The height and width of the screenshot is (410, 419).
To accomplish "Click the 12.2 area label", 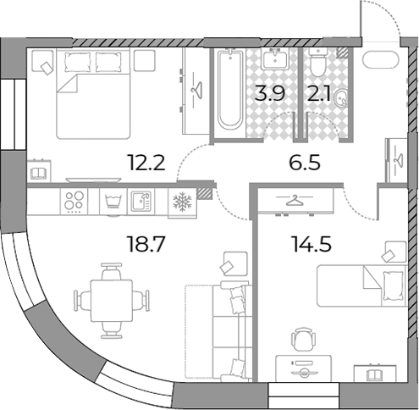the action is [x=146, y=163].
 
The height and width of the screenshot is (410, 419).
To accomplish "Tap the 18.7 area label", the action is [x=146, y=244].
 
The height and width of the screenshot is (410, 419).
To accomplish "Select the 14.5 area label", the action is [x=312, y=244].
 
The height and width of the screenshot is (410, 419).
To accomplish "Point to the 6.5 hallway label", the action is [x=305, y=163].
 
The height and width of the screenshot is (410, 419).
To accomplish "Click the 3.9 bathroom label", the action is [x=270, y=93].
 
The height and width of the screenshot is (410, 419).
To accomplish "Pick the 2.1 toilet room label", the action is [x=319, y=93].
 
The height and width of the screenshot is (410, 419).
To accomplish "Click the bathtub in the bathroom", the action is [x=230, y=90].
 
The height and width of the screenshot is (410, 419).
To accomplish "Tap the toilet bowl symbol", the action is [x=317, y=63].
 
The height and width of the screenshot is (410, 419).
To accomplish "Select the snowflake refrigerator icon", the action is [x=182, y=202].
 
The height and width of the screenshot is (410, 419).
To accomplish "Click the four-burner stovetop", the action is [x=74, y=201].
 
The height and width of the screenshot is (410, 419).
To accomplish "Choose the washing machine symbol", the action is [x=113, y=202].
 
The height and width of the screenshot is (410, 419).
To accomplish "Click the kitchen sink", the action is [x=141, y=202].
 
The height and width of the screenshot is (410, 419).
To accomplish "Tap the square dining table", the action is [x=112, y=301].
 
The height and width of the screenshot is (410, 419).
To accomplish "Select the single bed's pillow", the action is [x=393, y=285].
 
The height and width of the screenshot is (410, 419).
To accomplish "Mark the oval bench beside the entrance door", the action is [x=381, y=59].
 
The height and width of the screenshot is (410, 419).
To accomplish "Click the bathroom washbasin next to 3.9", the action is [x=274, y=58].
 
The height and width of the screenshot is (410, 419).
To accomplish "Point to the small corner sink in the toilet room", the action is [x=341, y=98].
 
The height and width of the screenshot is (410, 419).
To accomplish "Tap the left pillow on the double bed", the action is [x=78, y=62].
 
